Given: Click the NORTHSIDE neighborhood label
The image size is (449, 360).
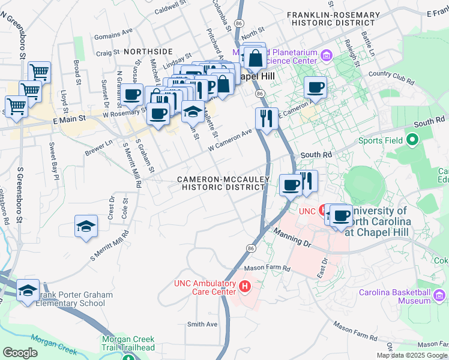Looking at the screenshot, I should tap(148, 52).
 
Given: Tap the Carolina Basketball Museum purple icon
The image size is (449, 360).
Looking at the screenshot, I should tap(439, 295).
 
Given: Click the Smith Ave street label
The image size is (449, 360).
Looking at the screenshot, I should tap(202, 324).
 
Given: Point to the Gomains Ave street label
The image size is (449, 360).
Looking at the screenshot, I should tap(113, 32).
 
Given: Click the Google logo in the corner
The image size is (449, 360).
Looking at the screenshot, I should tap(20, 353).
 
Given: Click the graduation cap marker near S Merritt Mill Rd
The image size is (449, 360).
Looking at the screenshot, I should tap(86, 226).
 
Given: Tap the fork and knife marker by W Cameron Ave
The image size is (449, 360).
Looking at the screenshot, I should tap(267, 118).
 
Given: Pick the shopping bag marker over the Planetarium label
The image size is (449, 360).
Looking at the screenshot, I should tap(255, 59).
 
